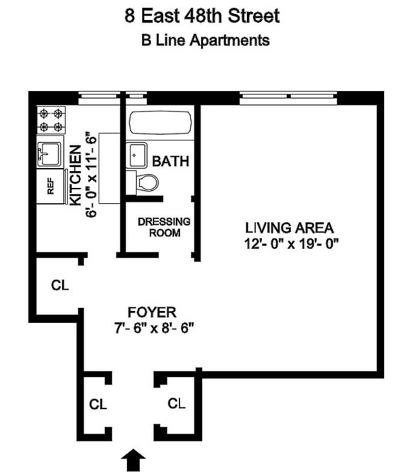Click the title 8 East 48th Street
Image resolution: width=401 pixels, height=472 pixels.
[202, 16]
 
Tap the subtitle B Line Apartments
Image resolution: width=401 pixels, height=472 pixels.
[205, 40]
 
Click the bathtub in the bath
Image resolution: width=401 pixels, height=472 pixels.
[160, 123]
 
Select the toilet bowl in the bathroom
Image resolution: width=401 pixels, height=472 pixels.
[147, 182]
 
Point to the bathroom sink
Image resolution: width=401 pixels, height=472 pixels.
[138, 155]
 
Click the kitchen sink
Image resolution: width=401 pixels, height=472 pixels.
[49, 153]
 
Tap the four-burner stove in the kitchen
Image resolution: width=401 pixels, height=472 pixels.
[51, 120]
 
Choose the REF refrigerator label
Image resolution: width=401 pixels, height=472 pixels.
[50, 187]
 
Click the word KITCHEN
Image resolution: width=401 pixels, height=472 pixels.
[75, 175]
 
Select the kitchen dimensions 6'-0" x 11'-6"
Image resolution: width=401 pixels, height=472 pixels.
[92, 175]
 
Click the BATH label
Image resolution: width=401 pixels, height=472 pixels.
[170, 161]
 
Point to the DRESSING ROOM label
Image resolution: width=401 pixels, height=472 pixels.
[164, 227]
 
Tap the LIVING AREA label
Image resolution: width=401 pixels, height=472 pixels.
[290, 228]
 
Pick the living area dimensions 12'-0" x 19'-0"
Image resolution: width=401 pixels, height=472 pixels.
[291, 243]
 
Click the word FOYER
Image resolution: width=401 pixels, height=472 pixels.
[152, 312]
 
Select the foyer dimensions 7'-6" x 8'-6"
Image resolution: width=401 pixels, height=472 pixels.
[153, 328]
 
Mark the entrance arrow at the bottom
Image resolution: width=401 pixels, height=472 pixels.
[133, 460]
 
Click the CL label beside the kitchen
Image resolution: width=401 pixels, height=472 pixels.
[60, 285]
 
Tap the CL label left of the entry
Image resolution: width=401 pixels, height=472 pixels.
[98, 405]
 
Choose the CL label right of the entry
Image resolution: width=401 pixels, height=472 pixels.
[177, 403]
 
